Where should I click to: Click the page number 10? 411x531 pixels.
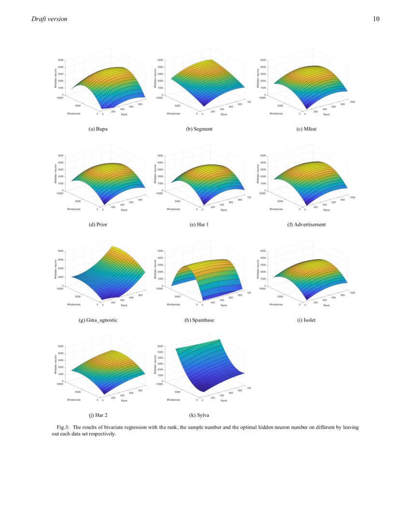[376, 19]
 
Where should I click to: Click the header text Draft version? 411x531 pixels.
[49, 19]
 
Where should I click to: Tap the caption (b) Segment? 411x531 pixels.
[199, 129]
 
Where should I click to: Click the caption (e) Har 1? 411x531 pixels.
[199, 224]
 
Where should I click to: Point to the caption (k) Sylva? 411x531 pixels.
[199, 415]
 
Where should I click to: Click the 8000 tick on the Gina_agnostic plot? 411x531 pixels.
[61, 252]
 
